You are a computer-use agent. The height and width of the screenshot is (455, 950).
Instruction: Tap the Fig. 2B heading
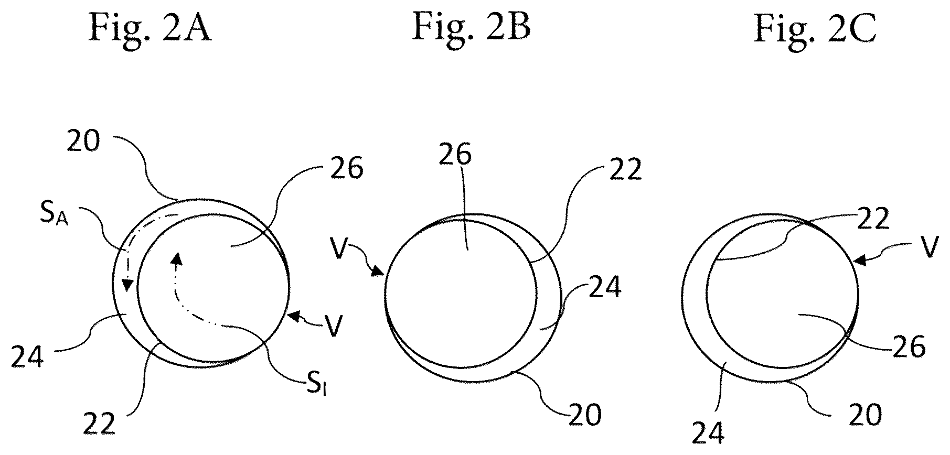tap(471, 26)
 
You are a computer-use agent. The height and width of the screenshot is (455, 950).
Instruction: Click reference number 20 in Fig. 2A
tap(83, 142)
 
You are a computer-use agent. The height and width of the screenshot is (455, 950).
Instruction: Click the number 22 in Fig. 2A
tap(100, 425)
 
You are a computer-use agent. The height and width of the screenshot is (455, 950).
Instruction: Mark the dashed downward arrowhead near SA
tap(126, 285)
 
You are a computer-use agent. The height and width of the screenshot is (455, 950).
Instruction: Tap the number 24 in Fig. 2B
tap(605, 287)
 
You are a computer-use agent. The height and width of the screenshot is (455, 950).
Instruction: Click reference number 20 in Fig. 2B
tap(585, 415)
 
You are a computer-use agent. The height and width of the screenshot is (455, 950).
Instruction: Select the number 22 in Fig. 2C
tap(873, 219)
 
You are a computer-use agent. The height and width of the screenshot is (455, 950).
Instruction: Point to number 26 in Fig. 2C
tap(910, 346)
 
